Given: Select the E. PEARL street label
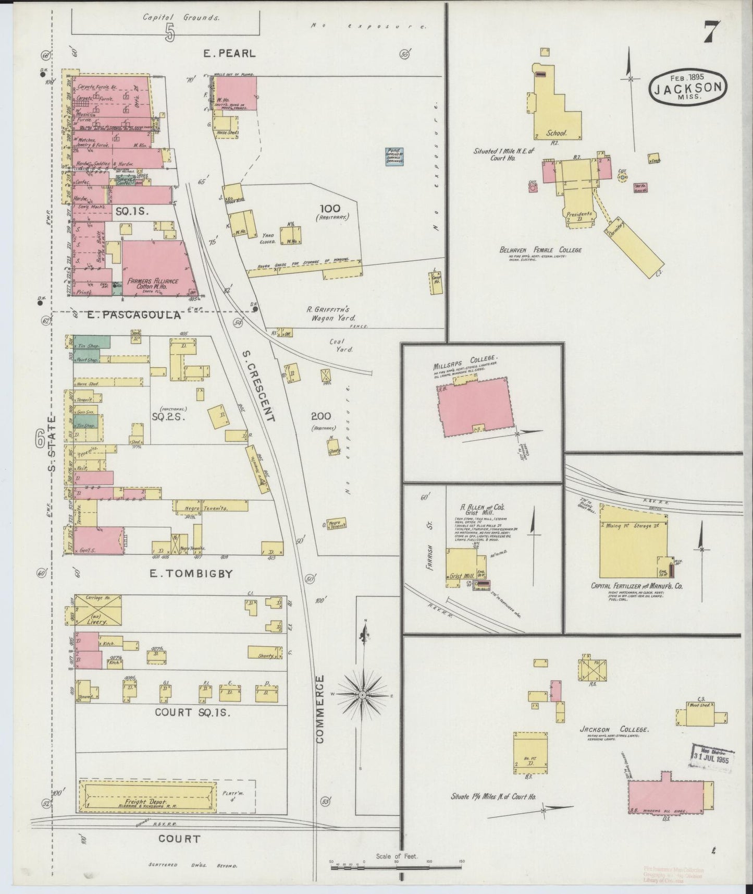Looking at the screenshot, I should [230, 53].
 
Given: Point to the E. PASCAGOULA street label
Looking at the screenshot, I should [133, 315].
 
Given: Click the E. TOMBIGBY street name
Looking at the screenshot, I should [191, 574].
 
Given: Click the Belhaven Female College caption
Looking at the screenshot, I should [540, 250].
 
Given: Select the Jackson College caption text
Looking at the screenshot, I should [614, 729].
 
